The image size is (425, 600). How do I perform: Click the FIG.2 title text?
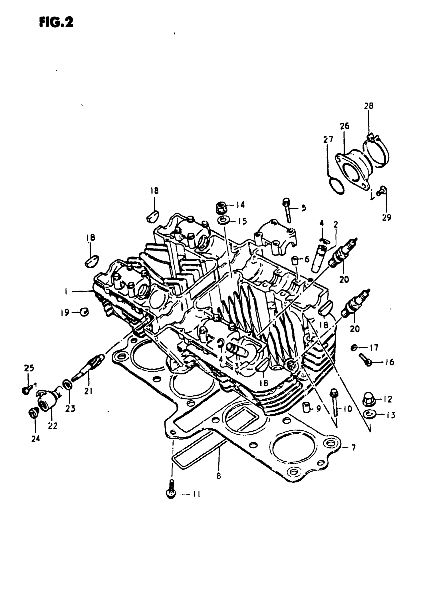(56, 22)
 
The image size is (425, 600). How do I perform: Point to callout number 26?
(345, 126)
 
